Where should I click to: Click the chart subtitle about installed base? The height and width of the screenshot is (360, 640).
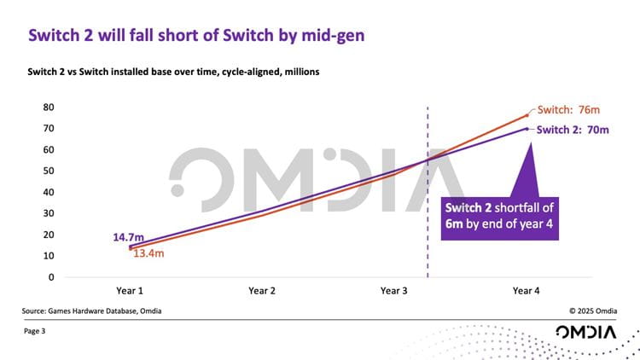[x=174, y=73]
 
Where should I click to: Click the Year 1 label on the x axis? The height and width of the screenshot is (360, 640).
[x=131, y=291]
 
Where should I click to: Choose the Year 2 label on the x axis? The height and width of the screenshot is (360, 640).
[x=262, y=291]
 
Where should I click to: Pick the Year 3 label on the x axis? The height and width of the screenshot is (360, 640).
[x=394, y=291]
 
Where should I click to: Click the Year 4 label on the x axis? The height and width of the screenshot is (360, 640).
[x=526, y=291]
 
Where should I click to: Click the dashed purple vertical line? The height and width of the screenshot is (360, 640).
[x=428, y=196]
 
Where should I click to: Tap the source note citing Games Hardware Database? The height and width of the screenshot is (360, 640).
[x=92, y=311]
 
